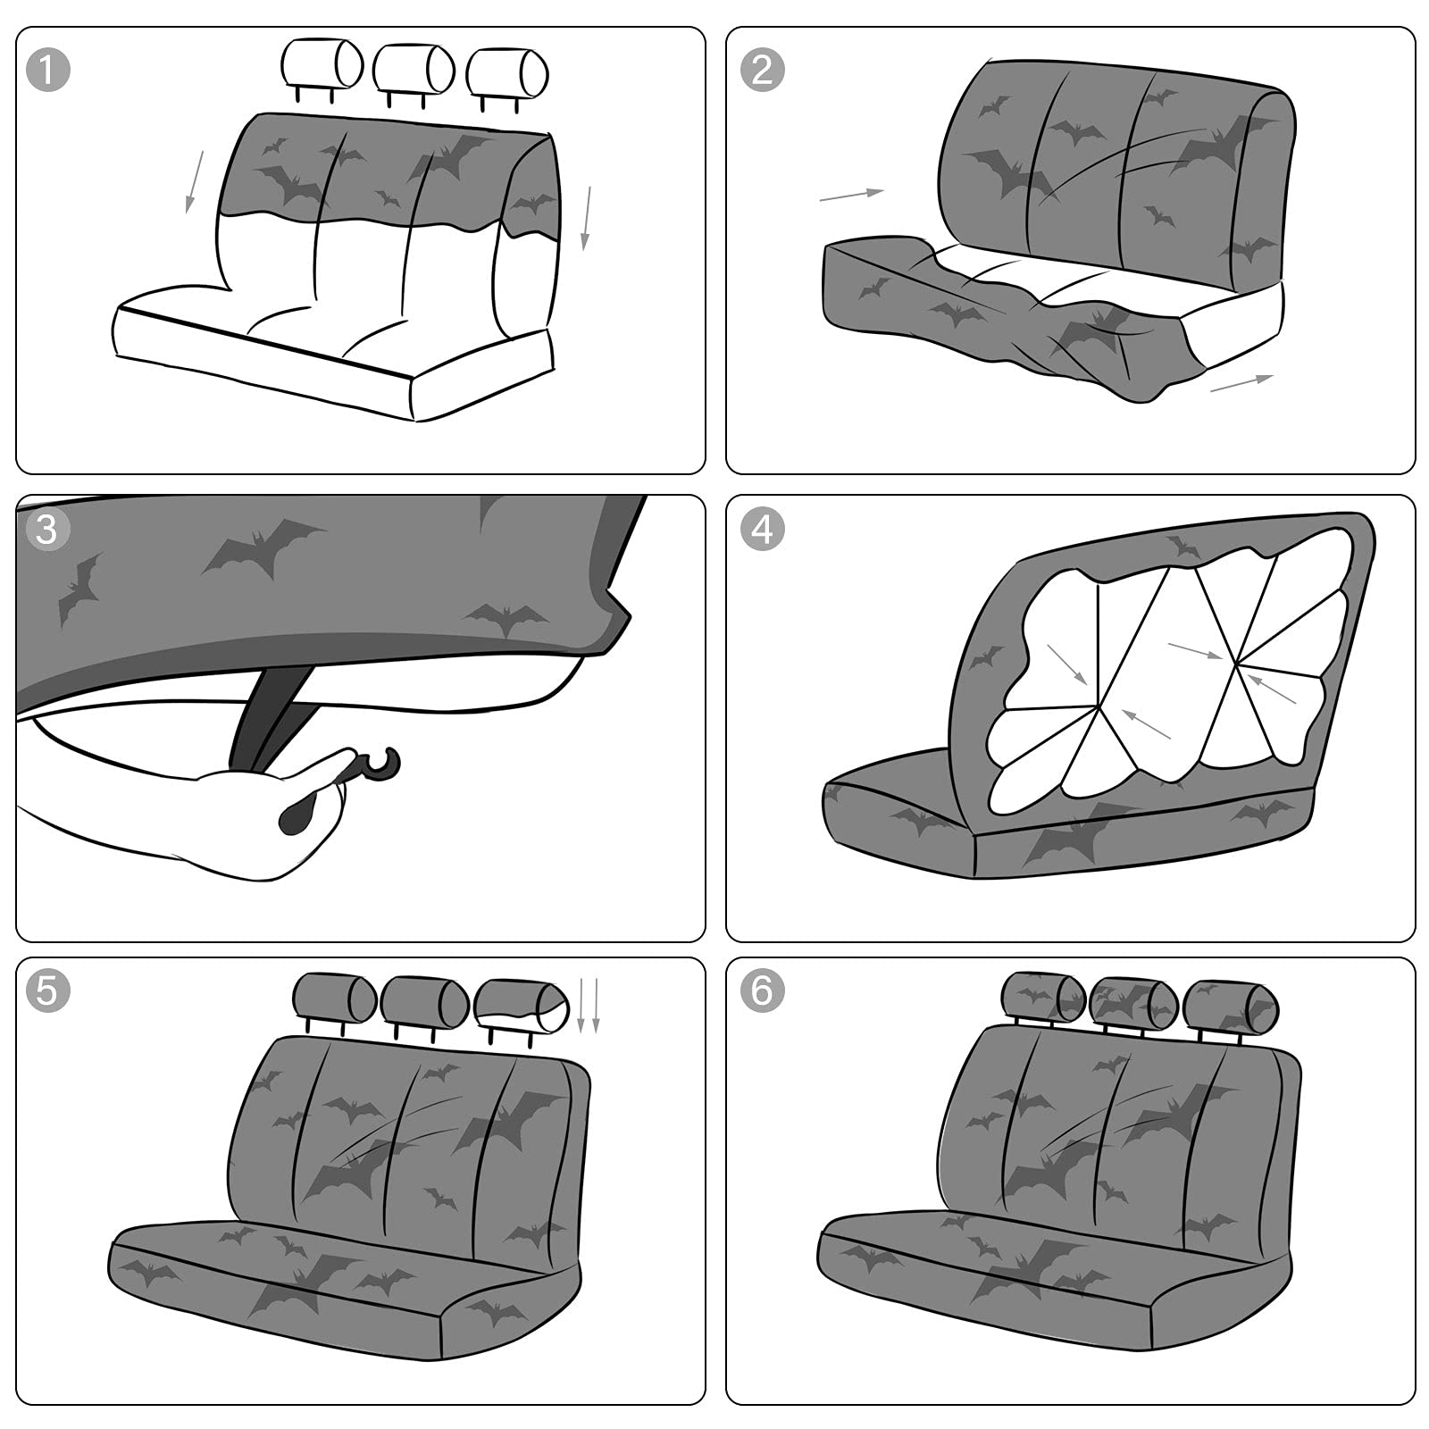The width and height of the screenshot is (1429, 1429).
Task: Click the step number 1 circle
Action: [48, 69]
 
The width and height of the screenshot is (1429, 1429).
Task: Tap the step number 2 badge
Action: [762, 69]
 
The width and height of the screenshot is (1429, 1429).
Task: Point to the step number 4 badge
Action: [762, 529]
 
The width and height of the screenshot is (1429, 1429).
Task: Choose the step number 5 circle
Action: [48, 990]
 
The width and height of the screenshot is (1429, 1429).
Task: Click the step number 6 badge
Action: [762, 990]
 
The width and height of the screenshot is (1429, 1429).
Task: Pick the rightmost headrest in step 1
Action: [506, 71]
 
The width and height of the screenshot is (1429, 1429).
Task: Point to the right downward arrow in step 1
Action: [587, 217]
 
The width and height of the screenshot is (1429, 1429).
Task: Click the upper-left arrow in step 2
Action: [850, 194]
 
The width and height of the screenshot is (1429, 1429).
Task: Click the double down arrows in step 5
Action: [588, 1005]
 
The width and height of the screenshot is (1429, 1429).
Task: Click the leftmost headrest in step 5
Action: [334, 998]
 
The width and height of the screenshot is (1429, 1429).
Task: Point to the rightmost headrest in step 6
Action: [1231, 1003]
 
